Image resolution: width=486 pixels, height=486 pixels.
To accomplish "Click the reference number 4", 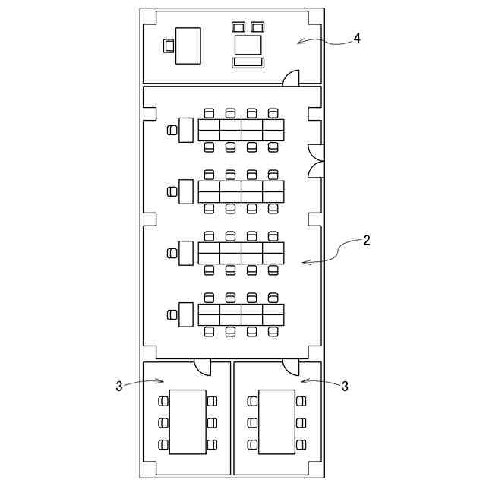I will [x=357, y=38].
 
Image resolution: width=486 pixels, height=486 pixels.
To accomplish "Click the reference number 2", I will [x=367, y=241].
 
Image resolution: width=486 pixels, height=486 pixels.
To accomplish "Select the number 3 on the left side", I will [x=118, y=387].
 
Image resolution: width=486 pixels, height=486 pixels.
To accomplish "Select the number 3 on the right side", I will [x=345, y=387].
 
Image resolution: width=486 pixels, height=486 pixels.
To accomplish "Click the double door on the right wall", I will [x=315, y=160].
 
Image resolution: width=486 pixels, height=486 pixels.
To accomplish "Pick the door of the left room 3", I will [x=203, y=367].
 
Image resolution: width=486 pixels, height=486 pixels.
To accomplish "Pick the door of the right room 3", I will [x=291, y=367].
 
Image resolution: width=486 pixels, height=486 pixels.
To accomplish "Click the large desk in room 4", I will [x=188, y=46].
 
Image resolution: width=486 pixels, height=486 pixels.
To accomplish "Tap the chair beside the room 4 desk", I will [x=169, y=46].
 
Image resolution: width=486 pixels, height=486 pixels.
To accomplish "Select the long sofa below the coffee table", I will [x=248, y=62].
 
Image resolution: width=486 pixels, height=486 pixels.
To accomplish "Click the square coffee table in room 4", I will [x=248, y=44].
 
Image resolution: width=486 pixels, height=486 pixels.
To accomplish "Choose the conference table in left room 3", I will [x=188, y=421].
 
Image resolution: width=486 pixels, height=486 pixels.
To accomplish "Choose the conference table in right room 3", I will [x=277, y=421].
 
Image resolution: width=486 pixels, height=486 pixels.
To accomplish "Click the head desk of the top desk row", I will [x=186, y=130].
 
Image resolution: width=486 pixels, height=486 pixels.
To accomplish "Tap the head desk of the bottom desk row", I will [x=186, y=314].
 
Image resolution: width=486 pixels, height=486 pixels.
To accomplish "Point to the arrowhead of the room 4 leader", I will [x=299, y=42].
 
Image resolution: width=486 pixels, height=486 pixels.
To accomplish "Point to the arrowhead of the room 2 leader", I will [x=305, y=263].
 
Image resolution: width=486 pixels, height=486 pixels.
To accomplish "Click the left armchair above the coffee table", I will [x=239, y=27].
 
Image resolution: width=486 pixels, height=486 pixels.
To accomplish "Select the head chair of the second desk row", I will [x=172, y=191].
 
